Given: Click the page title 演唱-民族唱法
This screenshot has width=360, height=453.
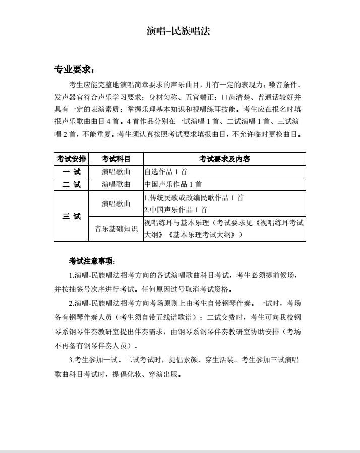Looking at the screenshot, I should pos(178,31).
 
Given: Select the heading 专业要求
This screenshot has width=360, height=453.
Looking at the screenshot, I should pos(73,69).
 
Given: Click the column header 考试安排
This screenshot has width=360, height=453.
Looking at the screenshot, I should pos(71,159).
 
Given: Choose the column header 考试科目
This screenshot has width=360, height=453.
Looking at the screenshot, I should pos(115,159).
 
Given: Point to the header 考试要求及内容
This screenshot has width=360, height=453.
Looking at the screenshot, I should pos(224,159).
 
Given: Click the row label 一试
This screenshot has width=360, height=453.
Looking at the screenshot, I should pos(71,172).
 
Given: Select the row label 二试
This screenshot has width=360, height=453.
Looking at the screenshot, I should pos(71,184).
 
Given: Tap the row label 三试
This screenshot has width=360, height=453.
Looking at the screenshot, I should pos(71,216).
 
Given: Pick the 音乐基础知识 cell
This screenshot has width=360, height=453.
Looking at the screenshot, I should pos(115,229).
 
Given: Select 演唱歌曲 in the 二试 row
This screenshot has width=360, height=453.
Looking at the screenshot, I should pos(115,184).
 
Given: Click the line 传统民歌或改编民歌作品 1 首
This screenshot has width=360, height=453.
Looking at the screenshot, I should pos(194,198).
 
